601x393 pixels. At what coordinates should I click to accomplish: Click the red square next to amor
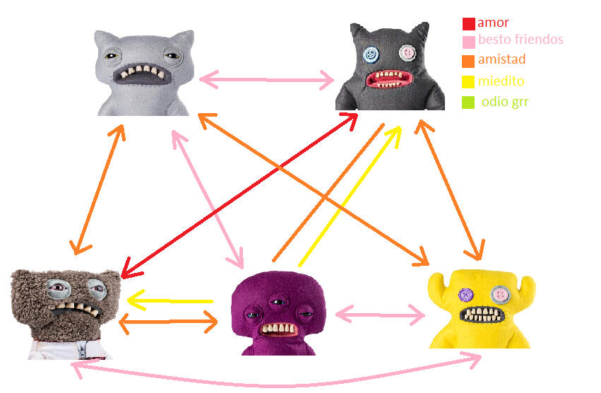[469, 24]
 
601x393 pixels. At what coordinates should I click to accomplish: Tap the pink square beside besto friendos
[469, 41]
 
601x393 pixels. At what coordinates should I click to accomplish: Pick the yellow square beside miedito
[469, 82]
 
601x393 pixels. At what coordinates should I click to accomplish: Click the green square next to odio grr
[469, 102]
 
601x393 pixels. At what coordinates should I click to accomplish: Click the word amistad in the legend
[501, 59]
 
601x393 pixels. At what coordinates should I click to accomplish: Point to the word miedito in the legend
[501, 81]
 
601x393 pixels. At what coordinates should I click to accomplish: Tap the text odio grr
[505, 102]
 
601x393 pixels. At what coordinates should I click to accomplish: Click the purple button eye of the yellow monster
[465, 294]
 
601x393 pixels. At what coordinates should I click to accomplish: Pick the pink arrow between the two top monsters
[266, 80]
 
